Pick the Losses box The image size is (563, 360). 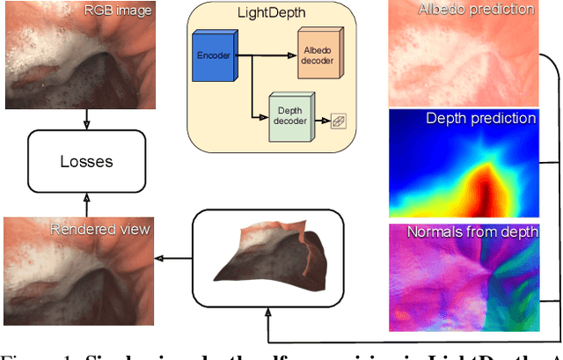[x=86, y=161]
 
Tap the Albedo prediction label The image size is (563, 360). [x=488, y=10]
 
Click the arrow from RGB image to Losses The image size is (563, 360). [x=86, y=120]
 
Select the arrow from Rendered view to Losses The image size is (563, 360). [x=86, y=202]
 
